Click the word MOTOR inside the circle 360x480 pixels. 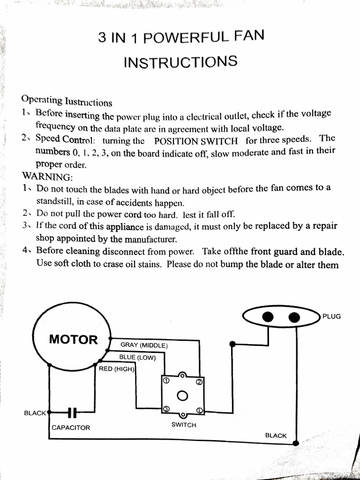tap(74, 339)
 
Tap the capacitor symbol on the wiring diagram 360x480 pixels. tap(72, 413)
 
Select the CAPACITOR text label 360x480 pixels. tap(71, 427)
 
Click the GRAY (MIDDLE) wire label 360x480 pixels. tap(144, 345)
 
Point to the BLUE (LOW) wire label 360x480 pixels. tap(137, 357)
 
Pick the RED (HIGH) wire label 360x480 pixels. tap(117, 369)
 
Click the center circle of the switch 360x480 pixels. tap(183, 396)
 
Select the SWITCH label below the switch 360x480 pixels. tap(184, 425)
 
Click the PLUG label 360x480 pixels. tap(331, 316)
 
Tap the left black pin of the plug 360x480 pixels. tap(268, 317)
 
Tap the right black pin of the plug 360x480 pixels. tap(294, 317)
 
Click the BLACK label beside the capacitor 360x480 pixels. tap(35, 413)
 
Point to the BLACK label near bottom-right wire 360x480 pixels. tap(276, 435)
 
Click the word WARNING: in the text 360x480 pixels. tap(47, 177)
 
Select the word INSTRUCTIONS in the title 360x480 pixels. tap(180, 62)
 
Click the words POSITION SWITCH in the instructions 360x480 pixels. tap(195, 141)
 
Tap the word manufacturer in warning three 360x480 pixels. tap(136, 239)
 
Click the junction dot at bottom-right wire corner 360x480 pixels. tap(296, 443)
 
